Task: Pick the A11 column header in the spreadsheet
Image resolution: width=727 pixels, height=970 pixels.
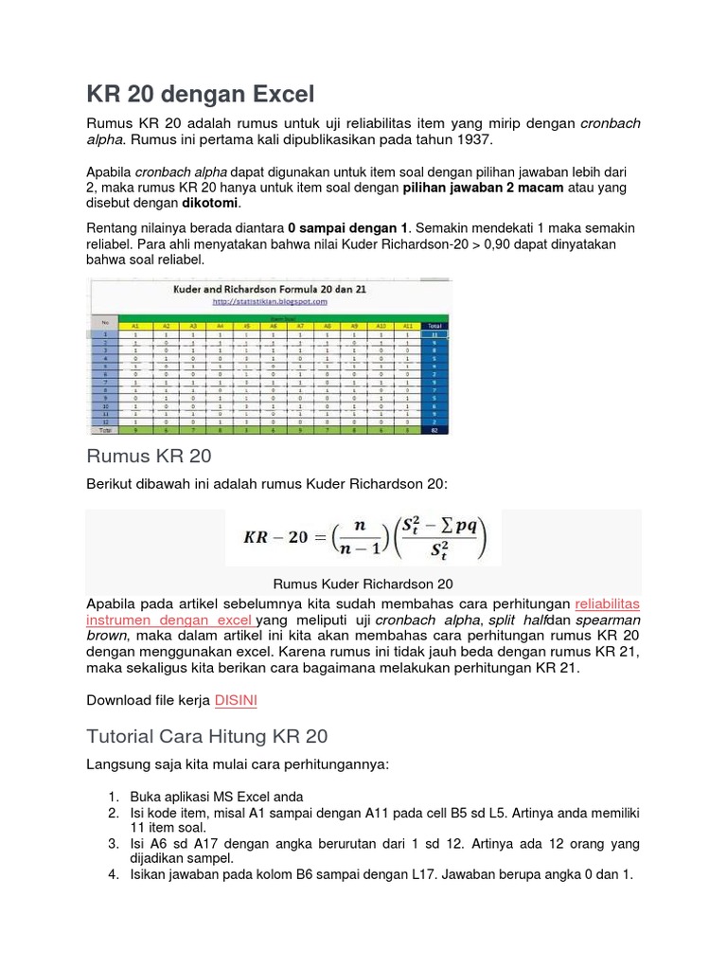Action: tap(407, 324)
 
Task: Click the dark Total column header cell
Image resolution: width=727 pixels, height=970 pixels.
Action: tap(435, 324)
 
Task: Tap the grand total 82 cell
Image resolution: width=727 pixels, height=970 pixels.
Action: tap(435, 430)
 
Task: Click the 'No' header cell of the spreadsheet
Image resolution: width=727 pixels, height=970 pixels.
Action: tap(104, 321)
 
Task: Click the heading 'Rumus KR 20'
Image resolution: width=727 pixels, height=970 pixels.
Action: tap(149, 457)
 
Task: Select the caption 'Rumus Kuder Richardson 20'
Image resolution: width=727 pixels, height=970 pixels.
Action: tap(363, 584)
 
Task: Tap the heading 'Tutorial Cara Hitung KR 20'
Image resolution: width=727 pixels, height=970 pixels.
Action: tap(207, 736)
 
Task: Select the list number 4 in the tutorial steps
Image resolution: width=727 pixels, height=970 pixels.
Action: tap(112, 875)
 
